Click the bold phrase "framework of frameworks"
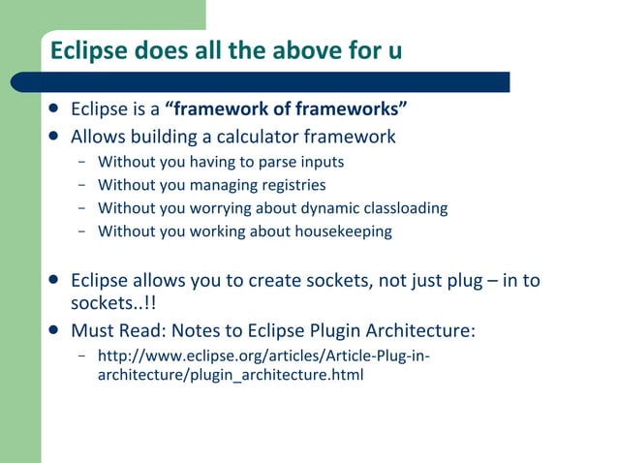point(287,108)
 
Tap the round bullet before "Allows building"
point(57,137)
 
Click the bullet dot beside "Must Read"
point(57,330)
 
